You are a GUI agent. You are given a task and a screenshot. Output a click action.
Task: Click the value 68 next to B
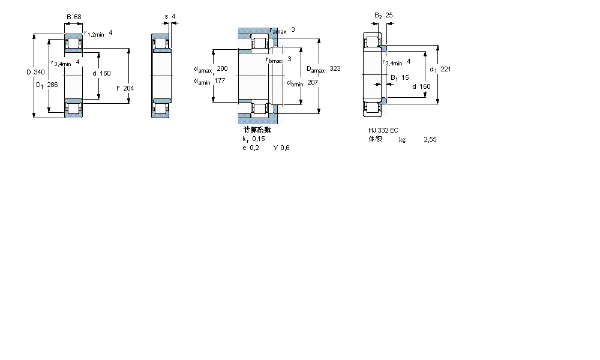tap(78, 16)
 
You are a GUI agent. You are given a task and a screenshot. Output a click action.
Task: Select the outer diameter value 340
tap(39, 72)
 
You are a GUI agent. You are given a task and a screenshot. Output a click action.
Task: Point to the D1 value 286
tap(53, 85)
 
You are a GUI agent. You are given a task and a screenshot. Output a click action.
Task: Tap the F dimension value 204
tap(128, 88)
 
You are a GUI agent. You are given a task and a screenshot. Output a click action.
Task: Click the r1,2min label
tap(94, 34)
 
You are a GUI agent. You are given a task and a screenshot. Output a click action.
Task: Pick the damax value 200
tap(222, 68)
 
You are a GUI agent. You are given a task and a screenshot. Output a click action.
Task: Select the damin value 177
tap(220, 80)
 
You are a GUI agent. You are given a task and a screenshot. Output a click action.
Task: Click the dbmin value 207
tap(313, 83)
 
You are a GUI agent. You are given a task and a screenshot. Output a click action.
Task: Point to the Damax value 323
tap(335, 69)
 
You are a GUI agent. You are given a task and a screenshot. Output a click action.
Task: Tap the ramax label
tap(278, 31)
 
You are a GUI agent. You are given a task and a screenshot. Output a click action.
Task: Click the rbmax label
tap(274, 59)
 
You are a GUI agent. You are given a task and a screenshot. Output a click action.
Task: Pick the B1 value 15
tap(405, 77)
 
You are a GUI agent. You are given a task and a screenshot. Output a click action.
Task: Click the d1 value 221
tap(445, 69)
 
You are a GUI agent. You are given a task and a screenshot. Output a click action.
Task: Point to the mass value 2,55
tap(430, 139)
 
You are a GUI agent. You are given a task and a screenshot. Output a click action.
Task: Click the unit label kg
tap(402, 139)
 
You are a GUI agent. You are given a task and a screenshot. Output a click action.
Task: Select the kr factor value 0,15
tap(258, 139)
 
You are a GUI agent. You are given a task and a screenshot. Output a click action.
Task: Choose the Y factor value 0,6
tap(285, 148)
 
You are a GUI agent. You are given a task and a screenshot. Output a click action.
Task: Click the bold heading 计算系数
tap(257, 130)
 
